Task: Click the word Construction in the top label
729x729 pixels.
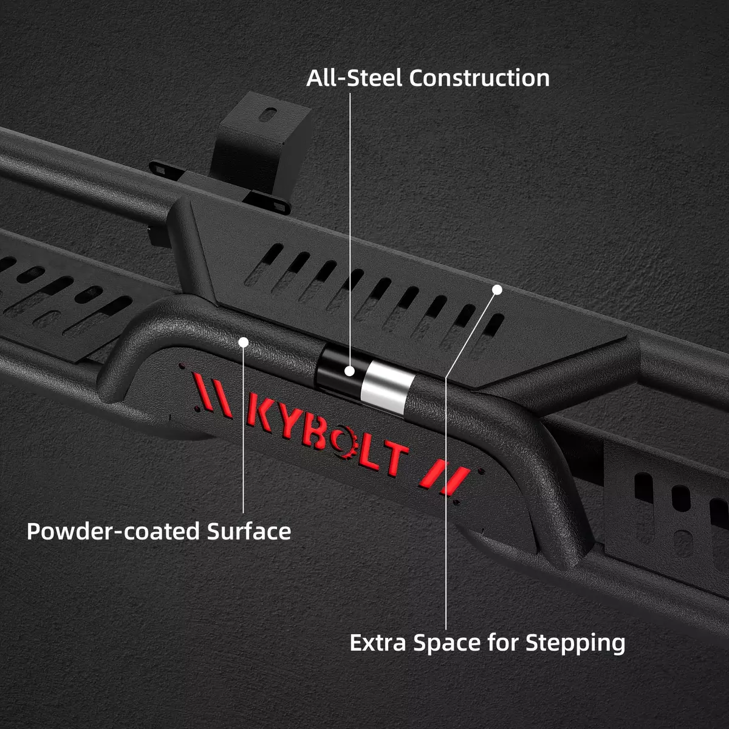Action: point(479,78)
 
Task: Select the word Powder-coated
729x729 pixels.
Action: point(113,532)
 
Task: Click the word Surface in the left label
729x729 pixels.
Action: point(249,532)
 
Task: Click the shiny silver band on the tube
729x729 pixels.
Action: point(386,386)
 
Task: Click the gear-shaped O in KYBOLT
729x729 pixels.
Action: point(344,443)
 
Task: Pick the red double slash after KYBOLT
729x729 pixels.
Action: point(445,479)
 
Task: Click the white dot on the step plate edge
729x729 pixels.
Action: point(497,290)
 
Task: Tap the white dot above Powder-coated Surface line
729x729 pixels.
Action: point(244,343)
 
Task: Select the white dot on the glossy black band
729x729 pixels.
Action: point(350,371)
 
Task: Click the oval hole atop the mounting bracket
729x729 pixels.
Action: point(269,114)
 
